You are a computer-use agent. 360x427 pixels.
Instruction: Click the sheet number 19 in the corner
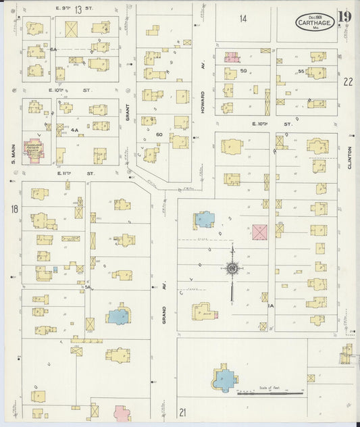click(x=345, y=18)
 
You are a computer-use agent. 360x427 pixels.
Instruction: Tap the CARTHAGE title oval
click(x=314, y=22)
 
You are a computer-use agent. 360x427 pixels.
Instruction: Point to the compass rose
click(x=232, y=269)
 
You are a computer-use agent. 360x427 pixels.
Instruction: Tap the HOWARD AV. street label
click(x=202, y=101)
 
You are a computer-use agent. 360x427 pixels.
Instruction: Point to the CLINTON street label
click(x=349, y=157)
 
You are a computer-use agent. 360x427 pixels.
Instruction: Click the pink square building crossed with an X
click(x=259, y=232)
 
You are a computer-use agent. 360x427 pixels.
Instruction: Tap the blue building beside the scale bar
click(x=224, y=380)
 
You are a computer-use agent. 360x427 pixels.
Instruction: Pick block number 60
click(x=160, y=134)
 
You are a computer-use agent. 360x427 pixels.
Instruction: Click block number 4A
click(x=75, y=130)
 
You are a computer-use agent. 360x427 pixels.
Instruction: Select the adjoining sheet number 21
click(x=182, y=411)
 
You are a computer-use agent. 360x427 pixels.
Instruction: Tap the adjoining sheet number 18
click(x=14, y=209)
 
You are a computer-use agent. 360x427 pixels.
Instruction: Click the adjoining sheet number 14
click(x=243, y=18)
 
